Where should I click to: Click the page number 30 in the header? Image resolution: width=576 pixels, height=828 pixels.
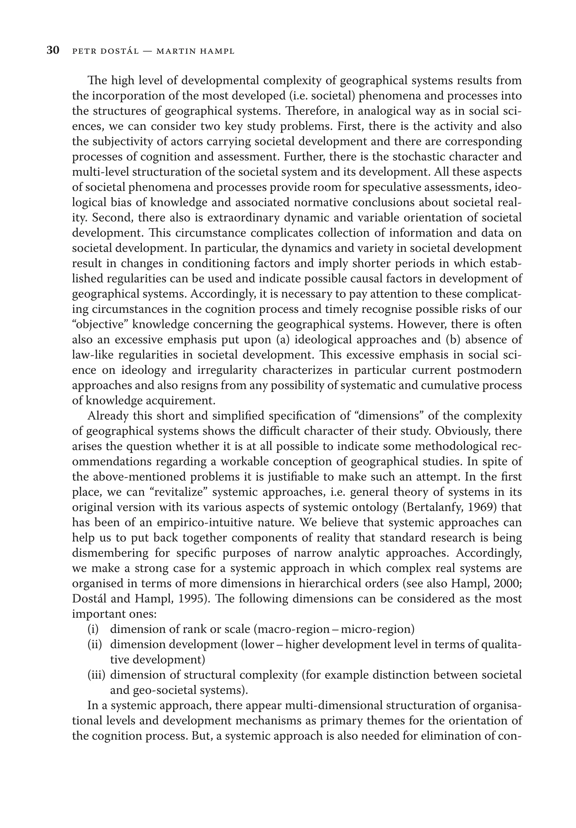pos(53,51)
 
